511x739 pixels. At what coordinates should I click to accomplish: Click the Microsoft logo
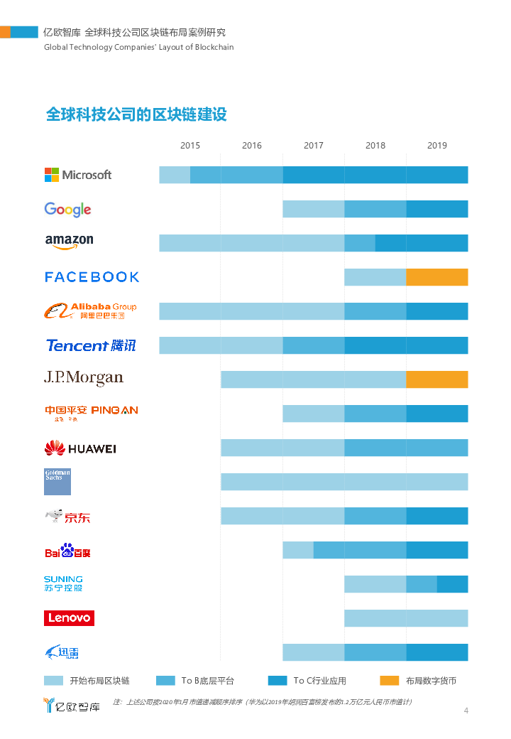pos(78,175)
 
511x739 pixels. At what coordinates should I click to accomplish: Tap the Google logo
pos(67,209)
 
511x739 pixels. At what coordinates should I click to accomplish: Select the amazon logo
pos(69,242)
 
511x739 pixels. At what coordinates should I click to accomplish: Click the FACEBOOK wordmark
pos(92,277)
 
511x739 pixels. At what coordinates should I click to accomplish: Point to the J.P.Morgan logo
pos(83,378)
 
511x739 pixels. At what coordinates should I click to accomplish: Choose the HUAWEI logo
pos(79,448)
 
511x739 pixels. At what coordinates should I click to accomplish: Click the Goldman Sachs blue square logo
pos(57,481)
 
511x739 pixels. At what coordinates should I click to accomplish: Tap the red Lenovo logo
pos(69,618)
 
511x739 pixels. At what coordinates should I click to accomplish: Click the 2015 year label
pos(190,146)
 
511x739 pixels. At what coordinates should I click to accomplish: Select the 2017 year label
pos(314,146)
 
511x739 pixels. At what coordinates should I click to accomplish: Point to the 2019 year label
pos(437,146)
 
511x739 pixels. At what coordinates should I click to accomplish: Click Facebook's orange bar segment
pos(437,277)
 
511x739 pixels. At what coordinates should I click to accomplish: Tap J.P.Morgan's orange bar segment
pos(437,379)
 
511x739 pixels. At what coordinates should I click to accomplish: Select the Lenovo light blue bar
pos(406,618)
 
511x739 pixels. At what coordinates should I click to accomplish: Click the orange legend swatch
pos(389,681)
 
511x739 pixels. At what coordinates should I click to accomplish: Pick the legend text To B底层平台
pos(207,681)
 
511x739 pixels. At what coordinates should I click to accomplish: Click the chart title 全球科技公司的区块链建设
pos(136,114)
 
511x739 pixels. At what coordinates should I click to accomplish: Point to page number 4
pos(466,711)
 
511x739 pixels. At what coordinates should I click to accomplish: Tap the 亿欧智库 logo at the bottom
pos(71,706)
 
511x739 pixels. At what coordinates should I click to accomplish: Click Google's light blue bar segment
pos(314,209)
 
